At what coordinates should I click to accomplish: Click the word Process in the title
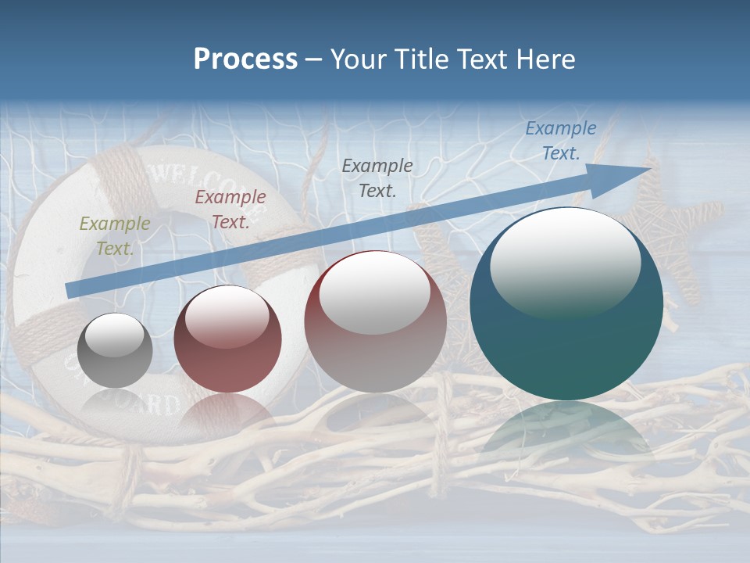coord(245,59)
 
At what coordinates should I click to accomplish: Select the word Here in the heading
coord(546,59)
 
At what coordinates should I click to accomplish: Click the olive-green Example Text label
coord(115,235)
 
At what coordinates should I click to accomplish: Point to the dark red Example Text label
coord(230,209)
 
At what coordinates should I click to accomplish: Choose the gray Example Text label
coord(377,178)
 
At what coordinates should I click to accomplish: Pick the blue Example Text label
coord(560,141)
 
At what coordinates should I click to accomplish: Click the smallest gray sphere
coord(115,351)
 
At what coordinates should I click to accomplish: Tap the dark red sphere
coord(227,339)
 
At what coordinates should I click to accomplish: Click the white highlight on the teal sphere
coord(565,262)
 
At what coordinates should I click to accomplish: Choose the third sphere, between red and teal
coord(376,321)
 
